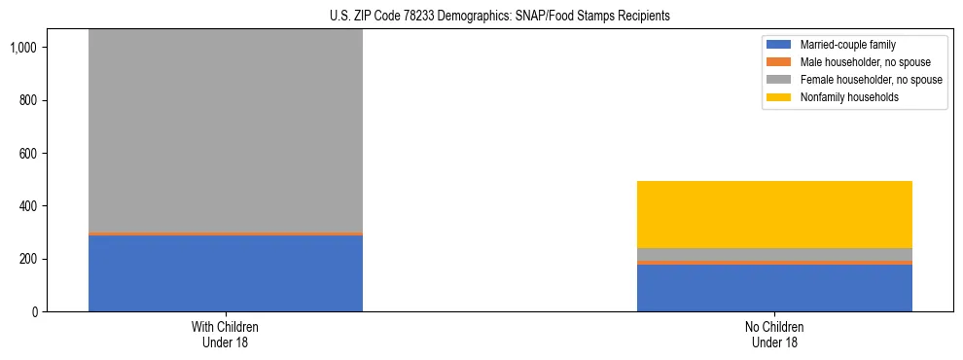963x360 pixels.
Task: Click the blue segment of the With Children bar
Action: [225, 273]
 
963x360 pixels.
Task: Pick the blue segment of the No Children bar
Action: [774, 288]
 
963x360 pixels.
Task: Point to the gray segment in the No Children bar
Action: [774, 254]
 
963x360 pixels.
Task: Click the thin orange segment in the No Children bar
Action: [774, 263]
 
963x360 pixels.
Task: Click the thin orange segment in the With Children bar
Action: [225, 234]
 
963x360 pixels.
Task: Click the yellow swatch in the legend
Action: [780, 97]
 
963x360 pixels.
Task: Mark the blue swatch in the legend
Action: [780, 45]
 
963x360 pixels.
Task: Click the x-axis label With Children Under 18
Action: [225, 335]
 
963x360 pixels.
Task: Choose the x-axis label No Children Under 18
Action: [774, 335]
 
